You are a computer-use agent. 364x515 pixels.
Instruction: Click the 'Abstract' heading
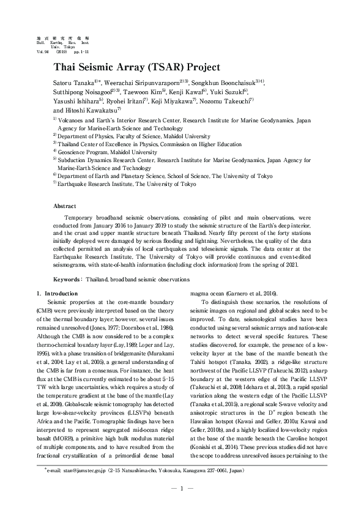[x=65, y=207]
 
